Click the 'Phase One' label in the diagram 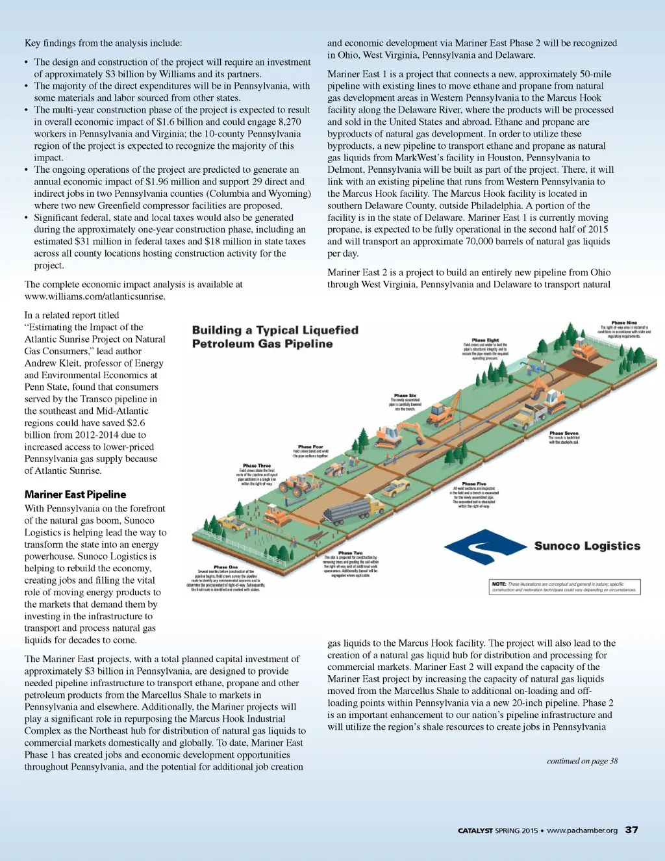[x=225, y=567]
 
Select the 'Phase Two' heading [x=350, y=553]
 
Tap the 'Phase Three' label [x=257, y=466]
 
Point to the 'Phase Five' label [x=473, y=484]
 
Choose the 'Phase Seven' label [x=563, y=433]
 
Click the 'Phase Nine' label [x=623, y=323]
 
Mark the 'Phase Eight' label [x=485, y=341]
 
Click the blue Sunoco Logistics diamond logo [x=483, y=546]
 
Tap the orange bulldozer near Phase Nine [x=583, y=351]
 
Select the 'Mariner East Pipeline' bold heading [x=75, y=495]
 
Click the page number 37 [x=631, y=830]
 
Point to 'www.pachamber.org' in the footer [x=582, y=830]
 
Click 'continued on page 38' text [x=582, y=761]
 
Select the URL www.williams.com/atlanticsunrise [x=95, y=296]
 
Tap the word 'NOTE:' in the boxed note [x=499, y=584]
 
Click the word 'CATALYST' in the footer [x=475, y=830]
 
